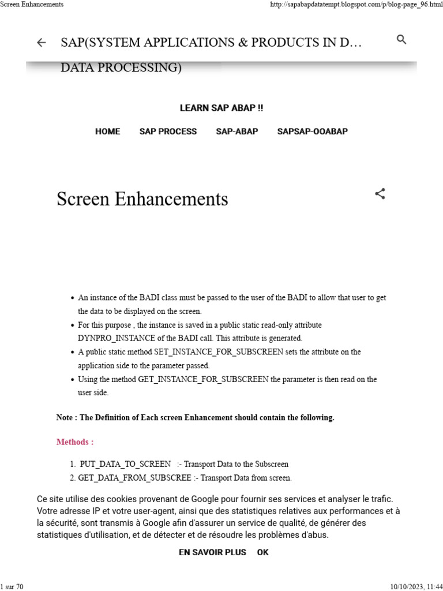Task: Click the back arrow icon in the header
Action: pyautogui.click(x=41, y=43)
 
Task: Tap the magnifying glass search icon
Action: pyautogui.click(x=402, y=40)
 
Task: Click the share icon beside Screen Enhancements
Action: pyautogui.click(x=380, y=194)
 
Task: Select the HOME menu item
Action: pyautogui.click(x=107, y=132)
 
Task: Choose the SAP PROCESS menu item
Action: pyautogui.click(x=168, y=132)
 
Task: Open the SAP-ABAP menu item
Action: pyautogui.click(x=236, y=132)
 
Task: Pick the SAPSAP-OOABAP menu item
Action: pyautogui.click(x=312, y=132)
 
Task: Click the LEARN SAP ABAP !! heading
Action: pyautogui.click(x=221, y=108)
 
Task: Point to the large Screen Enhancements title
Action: pyautogui.click(x=142, y=199)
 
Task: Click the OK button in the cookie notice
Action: pyautogui.click(x=262, y=552)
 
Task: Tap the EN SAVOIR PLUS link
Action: pyautogui.click(x=212, y=552)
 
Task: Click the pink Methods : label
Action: pyautogui.click(x=75, y=442)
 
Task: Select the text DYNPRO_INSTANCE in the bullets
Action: pyautogui.click(x=113, y=338)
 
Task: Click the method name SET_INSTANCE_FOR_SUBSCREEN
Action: pyautogui.click(x=219, y=352)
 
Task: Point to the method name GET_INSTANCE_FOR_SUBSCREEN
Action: pyautogui.click(x=203, y=380)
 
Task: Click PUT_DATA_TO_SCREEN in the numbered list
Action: pyautogui.click(x=125, y=464)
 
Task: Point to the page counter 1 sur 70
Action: pyautogui.click(x=12, y=586)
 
